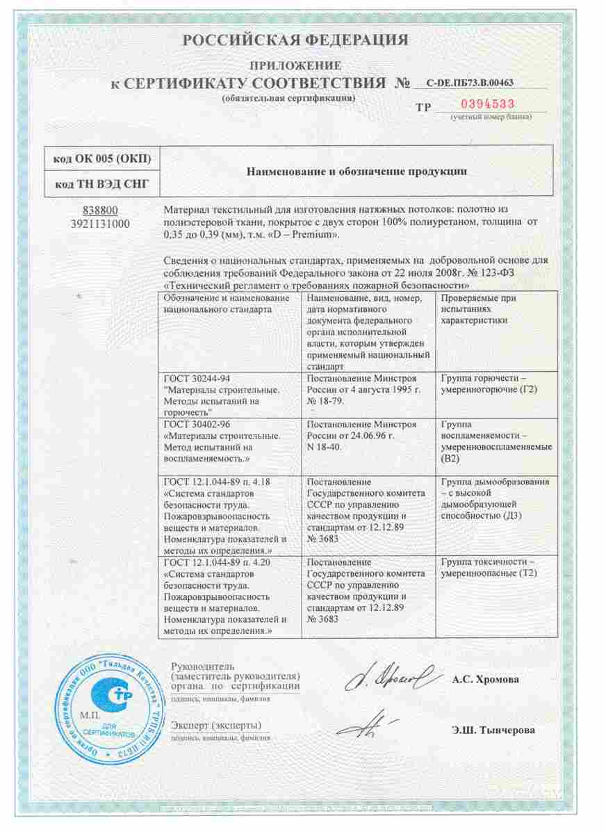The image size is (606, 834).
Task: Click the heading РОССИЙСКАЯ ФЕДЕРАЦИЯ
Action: click(x=295, y=40)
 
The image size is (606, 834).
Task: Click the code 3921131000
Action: click(x=99, y=223)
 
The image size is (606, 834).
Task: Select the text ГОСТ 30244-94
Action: click(x=195, y=378)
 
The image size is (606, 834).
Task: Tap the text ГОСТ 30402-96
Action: click(x=195, y=423)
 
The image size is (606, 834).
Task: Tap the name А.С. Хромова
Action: click(x=485, y=680)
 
